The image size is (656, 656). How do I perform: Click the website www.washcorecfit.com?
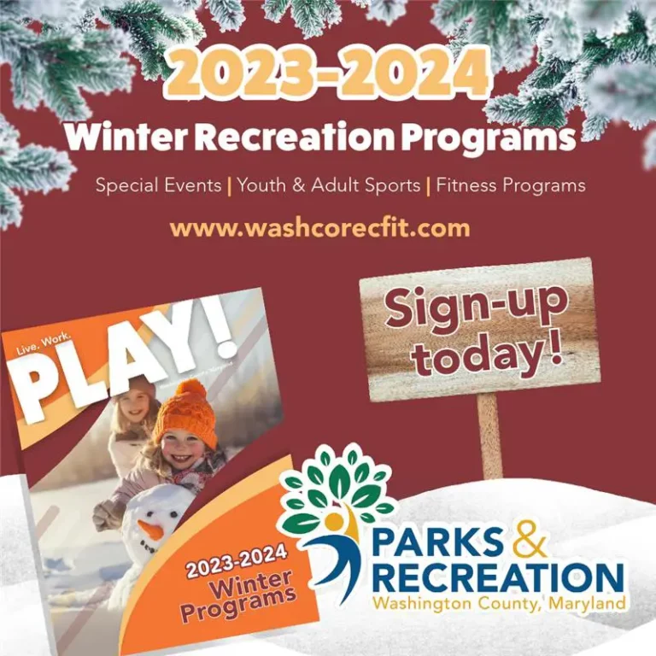pyautogui.click(x=320, y=228)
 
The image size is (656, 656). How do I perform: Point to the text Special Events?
pyautogui.click(x=158, y=184)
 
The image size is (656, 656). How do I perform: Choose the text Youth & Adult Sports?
pyautogui.click(x=329, y=184)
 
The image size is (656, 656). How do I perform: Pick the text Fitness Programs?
pyautogui.click(x=511, y=185)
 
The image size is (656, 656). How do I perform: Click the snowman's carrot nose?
pyautogui.click(x=150, y=530)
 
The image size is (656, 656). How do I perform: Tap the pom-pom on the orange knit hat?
pyautogui.click(x=190, y=392)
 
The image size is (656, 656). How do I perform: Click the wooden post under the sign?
pyautogui.click(x=489, y=435)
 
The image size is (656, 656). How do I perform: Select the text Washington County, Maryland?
pyautogui.click(x=499, y=604)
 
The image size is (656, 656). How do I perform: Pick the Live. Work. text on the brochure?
pyautogui.click(x=44, y=345)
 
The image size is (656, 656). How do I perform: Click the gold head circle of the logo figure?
pyautogui.click(x=334, y=521)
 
